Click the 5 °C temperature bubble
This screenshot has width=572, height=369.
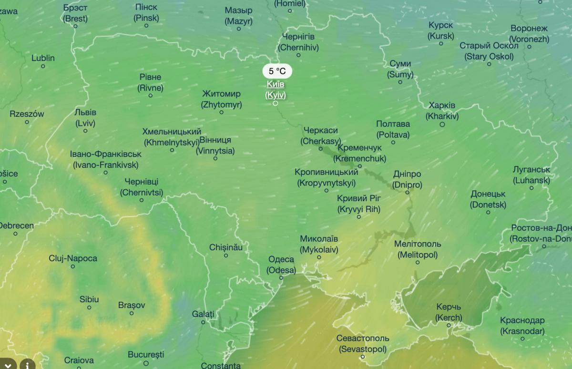pyautogui.click(x=277, y=72)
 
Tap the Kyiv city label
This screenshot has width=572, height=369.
pyautogui.click(x=276, y=90)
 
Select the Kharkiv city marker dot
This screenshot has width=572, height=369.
pyautogui.click(x=442, y=124)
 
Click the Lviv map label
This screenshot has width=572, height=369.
pyautogui.click(x=85, y=118)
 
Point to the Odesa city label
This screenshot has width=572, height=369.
pyautogui.click(x=281, y=265)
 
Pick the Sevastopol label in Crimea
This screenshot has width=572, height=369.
pyautogui.click(x=363, y=343)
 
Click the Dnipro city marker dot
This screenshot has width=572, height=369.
pyautogui.click(x=408, y=193)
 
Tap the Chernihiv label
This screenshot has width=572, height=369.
pyautogui.click(x=298, y=42)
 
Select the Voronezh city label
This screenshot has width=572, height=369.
pyautogui.click(x=529, y=34)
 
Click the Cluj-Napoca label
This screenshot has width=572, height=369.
pyautogui.click(x=73, y=258)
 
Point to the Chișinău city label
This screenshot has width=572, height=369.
pyautogui.click(x=226, y=247)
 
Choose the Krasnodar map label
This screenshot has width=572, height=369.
pyautogui.click(x=522, y=326)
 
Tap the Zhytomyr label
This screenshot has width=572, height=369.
pyautogui.click(x=221, y=99)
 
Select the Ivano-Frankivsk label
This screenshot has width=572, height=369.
pyautogui.click(x=106, y=160)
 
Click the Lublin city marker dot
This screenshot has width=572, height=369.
pyautogui.click(x=43, y=66)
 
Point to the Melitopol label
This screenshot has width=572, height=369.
pyautogui.click(x=418, y=249)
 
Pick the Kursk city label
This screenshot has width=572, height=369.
pyautogui.click(x=441, y=30)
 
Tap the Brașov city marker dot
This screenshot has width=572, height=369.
pyautogui.click(x=132, y=313)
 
